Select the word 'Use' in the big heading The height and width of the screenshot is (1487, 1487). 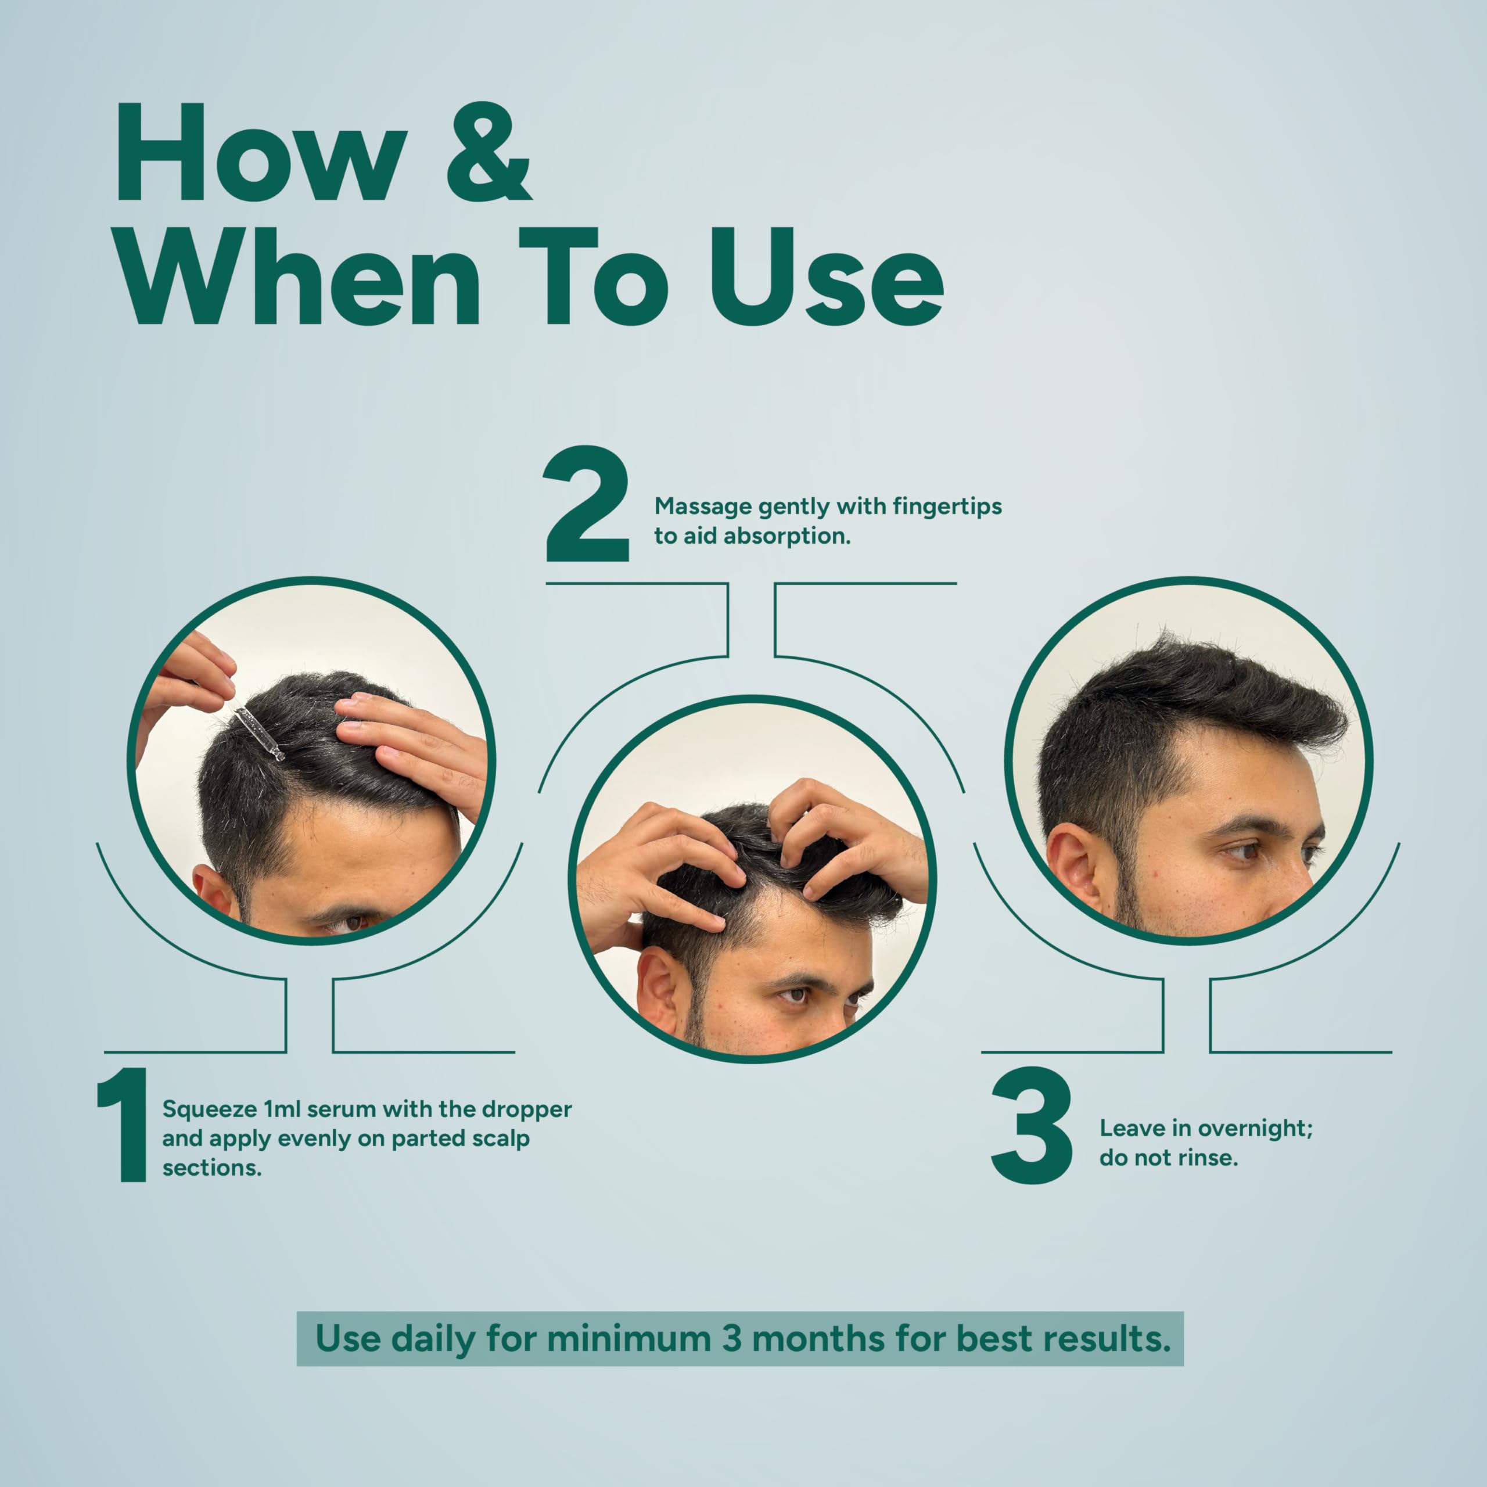tap(827, 277)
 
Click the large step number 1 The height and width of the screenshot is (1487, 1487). tap(123, 1125)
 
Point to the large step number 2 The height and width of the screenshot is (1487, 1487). tap(587, 504)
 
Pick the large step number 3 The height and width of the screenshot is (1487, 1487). tap(1032, 1125)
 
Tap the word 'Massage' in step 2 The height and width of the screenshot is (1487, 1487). tap(703, 507)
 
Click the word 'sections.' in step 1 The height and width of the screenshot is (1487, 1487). tap(211, 1168)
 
